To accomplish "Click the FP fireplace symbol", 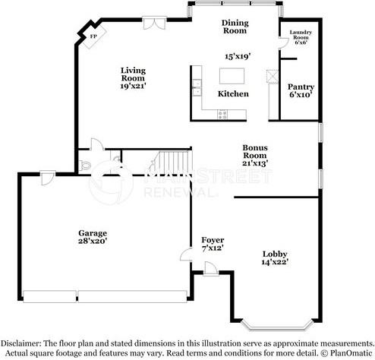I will click(93, 36).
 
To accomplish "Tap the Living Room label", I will click(133, 74).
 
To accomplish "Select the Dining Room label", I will click(236, 27).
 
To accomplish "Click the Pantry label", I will click(301, 87).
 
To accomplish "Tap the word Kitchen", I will click(233, 94).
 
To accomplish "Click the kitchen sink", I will click(196, 87).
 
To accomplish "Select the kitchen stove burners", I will click(223, 114).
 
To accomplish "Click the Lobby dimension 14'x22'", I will click(276, 262).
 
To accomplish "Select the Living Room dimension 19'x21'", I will click(133, 86).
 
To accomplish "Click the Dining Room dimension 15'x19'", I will click(238, 56).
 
